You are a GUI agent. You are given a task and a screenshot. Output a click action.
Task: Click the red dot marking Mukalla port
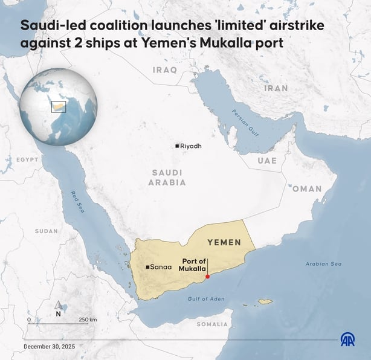[208, 277]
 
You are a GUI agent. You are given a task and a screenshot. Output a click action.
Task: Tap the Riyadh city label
[191, 146]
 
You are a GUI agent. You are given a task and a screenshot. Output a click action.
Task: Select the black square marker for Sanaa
[148, 267]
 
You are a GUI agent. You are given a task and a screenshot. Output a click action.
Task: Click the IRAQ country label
[165, 69]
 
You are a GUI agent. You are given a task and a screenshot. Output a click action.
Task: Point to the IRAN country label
[276, 88]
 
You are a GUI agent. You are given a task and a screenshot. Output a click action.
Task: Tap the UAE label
[267, 161]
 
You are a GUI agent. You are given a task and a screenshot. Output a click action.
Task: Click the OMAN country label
[307, 189]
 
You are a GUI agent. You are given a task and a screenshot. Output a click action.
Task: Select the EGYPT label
[27, 159]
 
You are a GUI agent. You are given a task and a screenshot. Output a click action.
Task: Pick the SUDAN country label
[47, 231]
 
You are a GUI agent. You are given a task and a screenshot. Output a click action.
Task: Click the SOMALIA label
[212, 324]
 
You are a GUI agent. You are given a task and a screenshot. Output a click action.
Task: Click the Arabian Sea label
[323, 264]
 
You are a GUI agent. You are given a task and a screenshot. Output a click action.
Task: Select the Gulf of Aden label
[205, 299]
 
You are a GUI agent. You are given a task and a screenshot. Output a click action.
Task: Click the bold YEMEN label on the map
[224, 242]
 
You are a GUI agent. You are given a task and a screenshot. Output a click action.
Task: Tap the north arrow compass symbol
[58, 308]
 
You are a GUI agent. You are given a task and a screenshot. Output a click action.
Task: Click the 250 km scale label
[88, 320]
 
